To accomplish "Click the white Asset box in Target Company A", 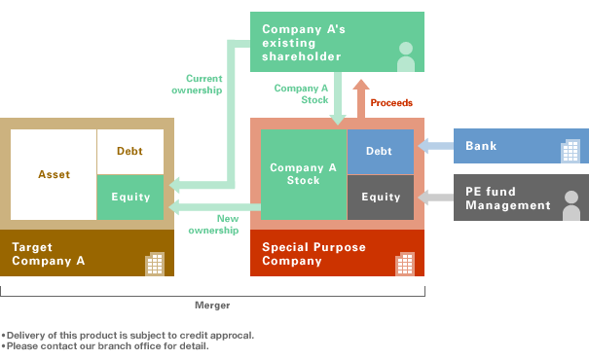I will tap(54, 174).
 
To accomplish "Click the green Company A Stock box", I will tap(303, 174).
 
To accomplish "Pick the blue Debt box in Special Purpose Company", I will tap(379, 151).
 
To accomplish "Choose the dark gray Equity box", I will tap(380, 197).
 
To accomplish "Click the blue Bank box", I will tap(520, 147).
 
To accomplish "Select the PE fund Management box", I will tap(520, 198).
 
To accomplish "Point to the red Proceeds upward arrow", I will tap(359, 99).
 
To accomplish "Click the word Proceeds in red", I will tap(391, 102).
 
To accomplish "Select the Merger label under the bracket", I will tap(212, 305).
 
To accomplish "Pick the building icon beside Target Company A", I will tap(154, 263).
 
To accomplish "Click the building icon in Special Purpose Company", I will tap(404, 263).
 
